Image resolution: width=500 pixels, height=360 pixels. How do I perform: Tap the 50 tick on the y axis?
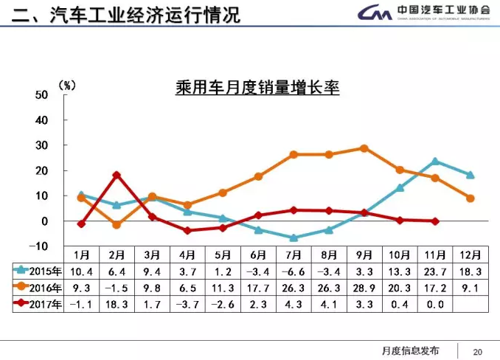pos(42,95)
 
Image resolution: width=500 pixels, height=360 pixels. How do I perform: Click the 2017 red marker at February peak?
pos(117,176)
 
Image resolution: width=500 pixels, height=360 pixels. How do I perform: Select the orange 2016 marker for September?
pos(364,148)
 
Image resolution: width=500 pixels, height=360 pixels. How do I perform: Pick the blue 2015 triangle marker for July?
pos(294,238)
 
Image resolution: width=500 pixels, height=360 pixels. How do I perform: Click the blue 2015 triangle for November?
pos(435,161)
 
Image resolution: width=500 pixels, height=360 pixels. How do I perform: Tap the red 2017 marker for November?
pos(435,221)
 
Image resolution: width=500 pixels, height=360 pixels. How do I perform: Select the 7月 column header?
pos(294,255)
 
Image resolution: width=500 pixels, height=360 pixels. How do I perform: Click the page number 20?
pos(477,350)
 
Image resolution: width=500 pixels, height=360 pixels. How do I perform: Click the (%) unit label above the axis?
pos(67,86)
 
